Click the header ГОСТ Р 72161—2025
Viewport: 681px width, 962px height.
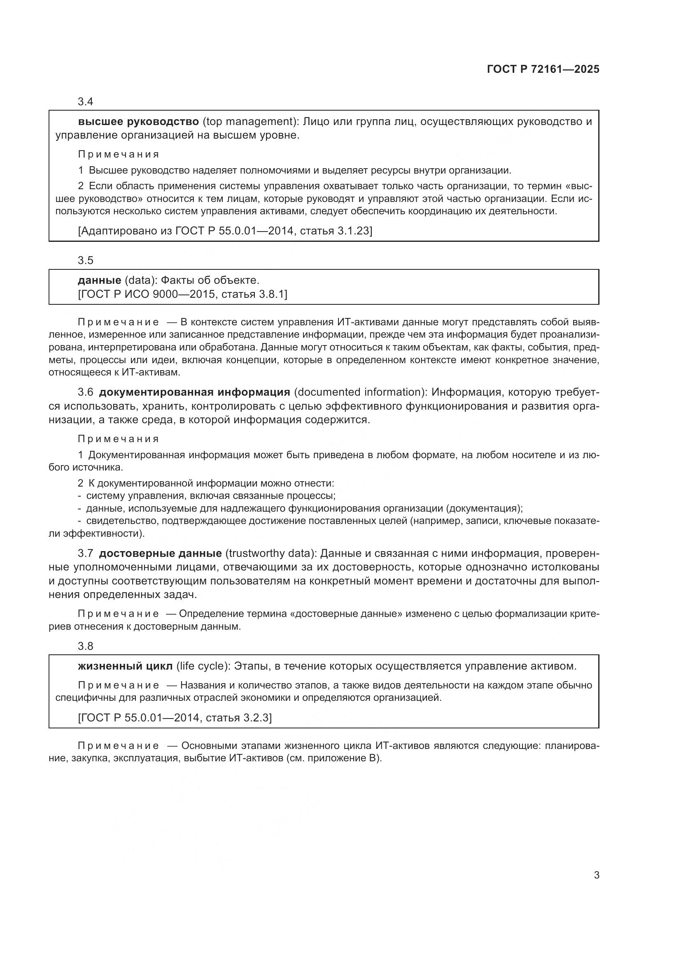pyautogui.click(x=543, y=70)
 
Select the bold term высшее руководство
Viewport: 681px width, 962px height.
pyautogui.click(x=138, y=122)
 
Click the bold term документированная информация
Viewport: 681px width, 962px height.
pyautogui.click(x=195, y=392)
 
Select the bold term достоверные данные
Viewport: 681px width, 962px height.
pyautogui.click(x=160, y=554)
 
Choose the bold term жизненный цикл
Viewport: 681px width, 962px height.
pyautogui.click(x=125, y=666)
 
